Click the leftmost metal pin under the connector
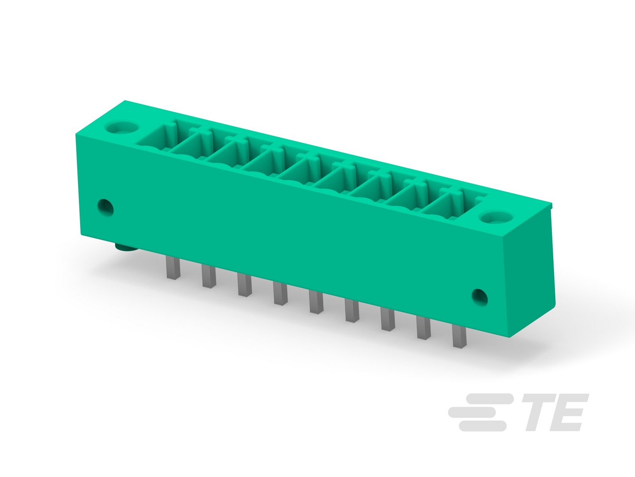tap(173, 268)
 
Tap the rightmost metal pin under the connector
tap(460, 336)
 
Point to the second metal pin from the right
tap(424, 327)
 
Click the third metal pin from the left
tap(245, 285)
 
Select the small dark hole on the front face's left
tap(105, 207)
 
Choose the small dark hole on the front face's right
tap(479, 297)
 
